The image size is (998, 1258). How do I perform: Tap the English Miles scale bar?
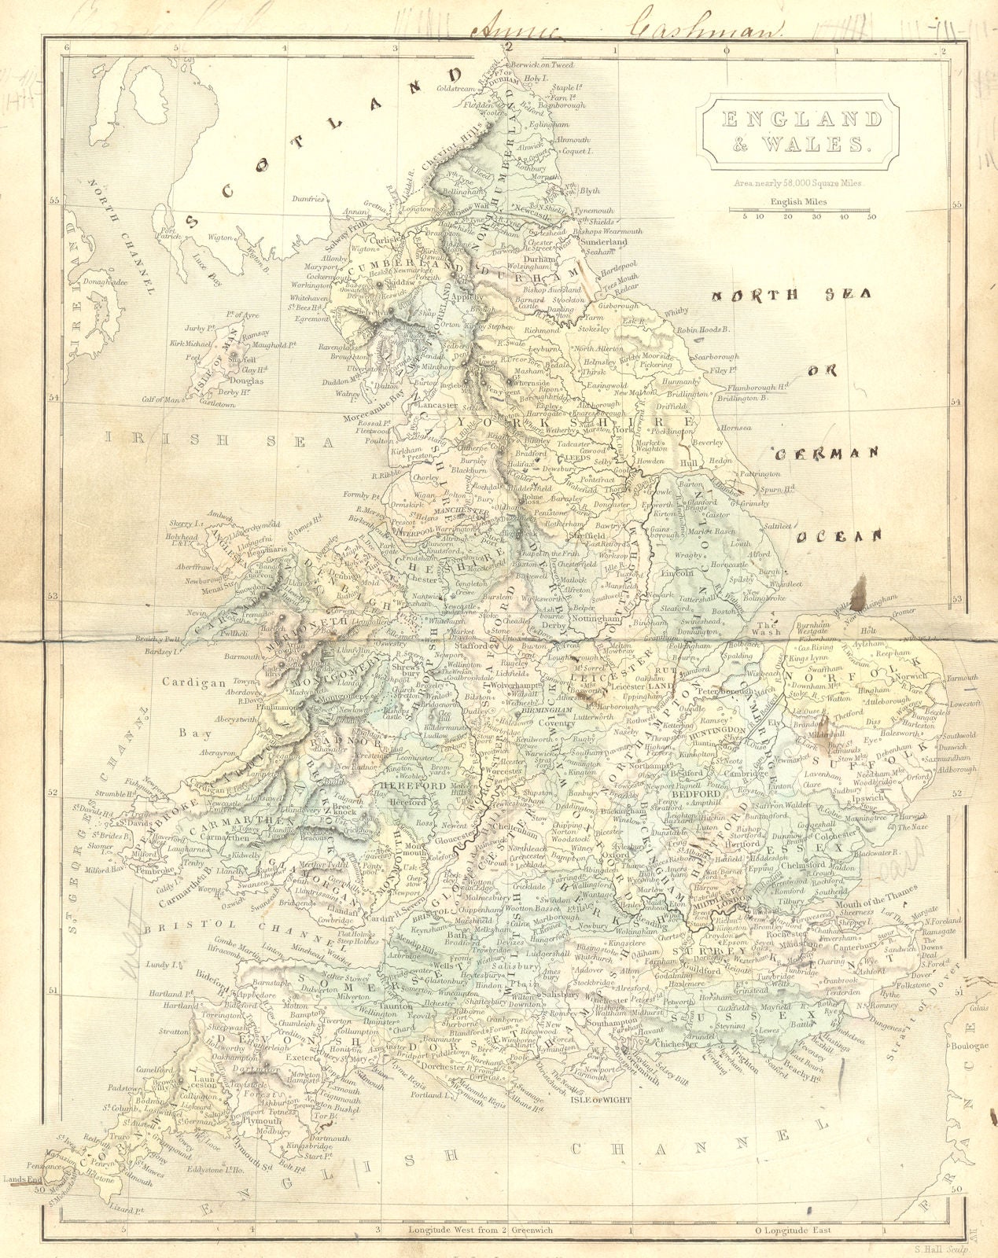pyautogui.click(x=799, y=211)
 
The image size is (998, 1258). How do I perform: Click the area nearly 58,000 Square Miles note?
pyautogui.click(x=798, y=182)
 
